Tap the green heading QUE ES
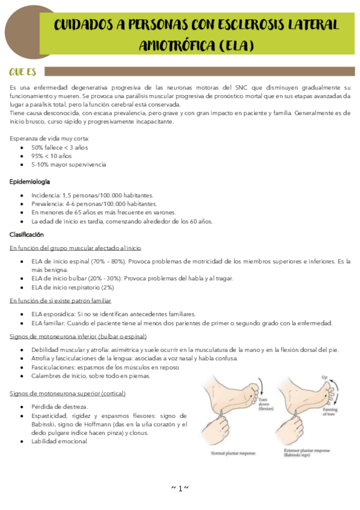coord(22,72)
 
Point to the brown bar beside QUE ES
coord(198,72)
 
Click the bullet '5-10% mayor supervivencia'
coord(68,164)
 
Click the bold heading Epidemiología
coord(30,181)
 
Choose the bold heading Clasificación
coord(28,234)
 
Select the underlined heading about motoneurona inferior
coord(78,336)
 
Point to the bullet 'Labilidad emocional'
coord(59,441)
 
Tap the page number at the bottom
coord(180,488)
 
